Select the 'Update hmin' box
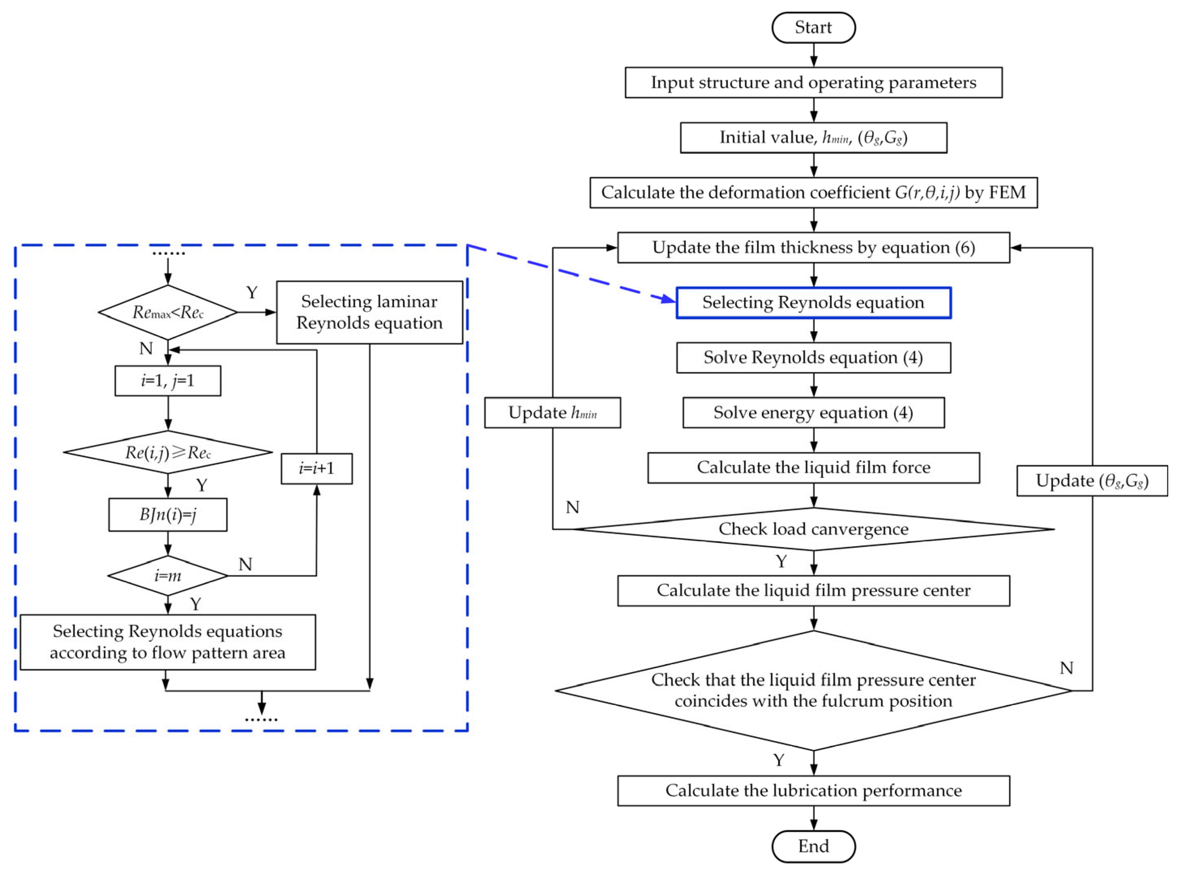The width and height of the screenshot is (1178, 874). tap(552, 412)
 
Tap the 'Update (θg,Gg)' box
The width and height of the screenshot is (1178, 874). tap(1092, 481)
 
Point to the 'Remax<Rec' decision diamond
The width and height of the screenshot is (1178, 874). tap(168, 312)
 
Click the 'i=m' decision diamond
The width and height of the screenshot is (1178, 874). tap(168, 575)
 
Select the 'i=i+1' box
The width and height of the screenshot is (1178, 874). tap(316, 468)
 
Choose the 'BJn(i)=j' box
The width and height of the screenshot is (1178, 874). tap(168, 514)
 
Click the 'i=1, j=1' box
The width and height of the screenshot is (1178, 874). tap(168, 380)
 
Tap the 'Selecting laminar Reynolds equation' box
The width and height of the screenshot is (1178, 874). tap(369, 312)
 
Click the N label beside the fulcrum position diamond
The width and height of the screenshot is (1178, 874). tap(1067, 668)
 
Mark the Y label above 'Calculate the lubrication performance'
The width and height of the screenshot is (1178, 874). tap(778, 760)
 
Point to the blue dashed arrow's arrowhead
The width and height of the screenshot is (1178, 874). tap(669, 300)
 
